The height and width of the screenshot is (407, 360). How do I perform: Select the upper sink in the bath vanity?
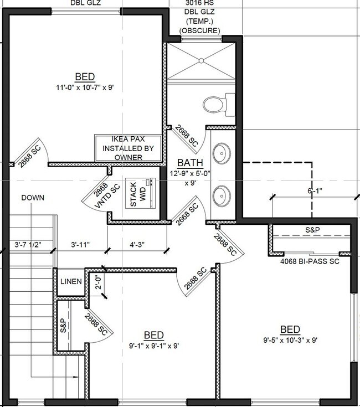(222, 152)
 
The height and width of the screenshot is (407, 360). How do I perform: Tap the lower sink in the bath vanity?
(222, 194)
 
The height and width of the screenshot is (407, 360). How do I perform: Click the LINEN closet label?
(71, 281)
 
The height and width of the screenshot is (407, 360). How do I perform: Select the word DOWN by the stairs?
(33, 198)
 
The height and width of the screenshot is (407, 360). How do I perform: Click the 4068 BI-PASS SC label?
(310, 261)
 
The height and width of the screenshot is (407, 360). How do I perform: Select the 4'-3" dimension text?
(137, 243)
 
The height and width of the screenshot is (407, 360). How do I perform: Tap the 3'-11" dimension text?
(81, 243)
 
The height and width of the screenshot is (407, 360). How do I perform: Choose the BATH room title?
(190, 163)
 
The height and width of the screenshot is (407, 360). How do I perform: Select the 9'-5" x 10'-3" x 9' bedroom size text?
(290, 341)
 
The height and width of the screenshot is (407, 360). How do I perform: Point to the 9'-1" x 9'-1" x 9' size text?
(153, 346)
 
